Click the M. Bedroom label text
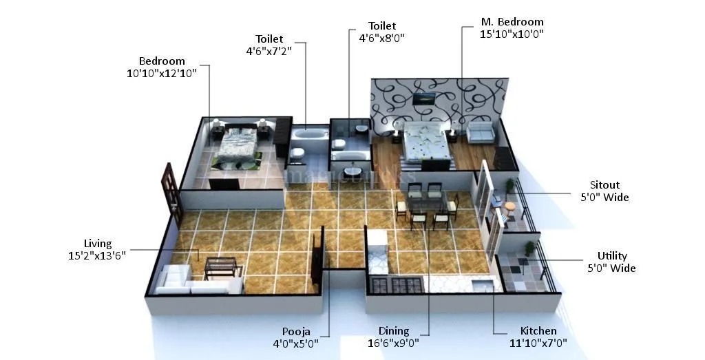(512, 22)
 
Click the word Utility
(612, 256)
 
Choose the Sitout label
(604, 185)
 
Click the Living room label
(97, 243)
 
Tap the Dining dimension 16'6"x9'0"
(394, 343)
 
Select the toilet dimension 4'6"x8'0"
(381, 39)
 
